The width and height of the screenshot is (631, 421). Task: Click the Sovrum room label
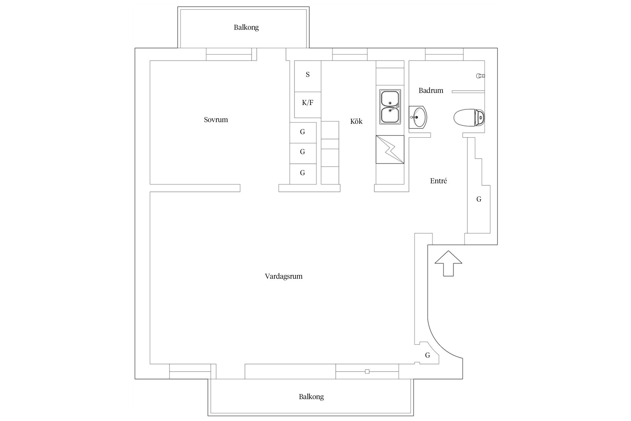216,120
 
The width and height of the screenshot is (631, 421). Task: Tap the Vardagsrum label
284,276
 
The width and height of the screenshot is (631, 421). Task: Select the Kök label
356,121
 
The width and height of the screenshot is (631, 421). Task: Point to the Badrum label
431,90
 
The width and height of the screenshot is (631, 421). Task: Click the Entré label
438,181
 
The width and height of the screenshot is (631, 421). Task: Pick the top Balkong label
246,28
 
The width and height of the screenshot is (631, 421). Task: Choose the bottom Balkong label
311,397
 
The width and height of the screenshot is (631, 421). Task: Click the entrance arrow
448,263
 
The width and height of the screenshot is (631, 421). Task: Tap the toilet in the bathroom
469,118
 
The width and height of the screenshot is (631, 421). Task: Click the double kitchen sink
390,107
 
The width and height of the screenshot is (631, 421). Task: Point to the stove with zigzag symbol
390,149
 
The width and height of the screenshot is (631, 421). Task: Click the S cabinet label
308,75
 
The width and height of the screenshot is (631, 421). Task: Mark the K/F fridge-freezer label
308,103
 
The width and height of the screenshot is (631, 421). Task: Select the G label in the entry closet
479,199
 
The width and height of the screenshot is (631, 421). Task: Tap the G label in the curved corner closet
427,355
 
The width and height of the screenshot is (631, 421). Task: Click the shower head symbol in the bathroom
481,76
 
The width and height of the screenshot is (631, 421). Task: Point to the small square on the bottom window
367,372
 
